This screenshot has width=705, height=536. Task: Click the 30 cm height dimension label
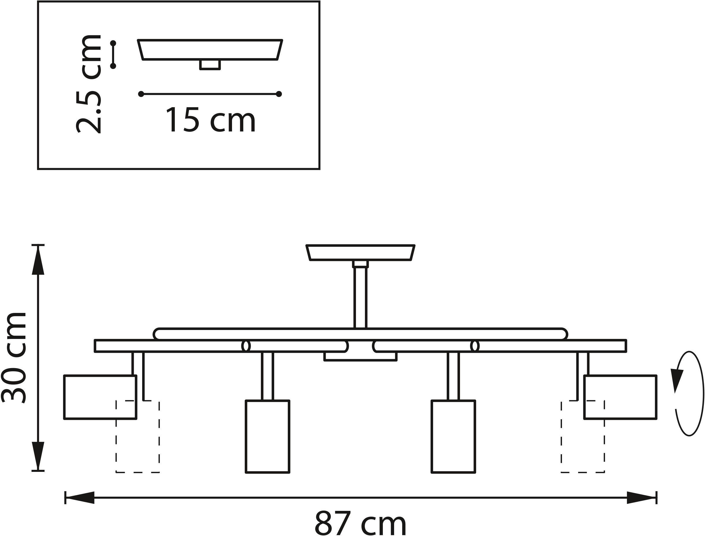point(13,358)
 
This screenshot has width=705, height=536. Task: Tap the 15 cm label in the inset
point(211,120)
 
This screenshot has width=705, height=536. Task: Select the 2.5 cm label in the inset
point(88,84)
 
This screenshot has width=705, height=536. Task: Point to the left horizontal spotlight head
point(100,397)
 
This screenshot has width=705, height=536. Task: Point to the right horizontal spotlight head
point(620,397)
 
